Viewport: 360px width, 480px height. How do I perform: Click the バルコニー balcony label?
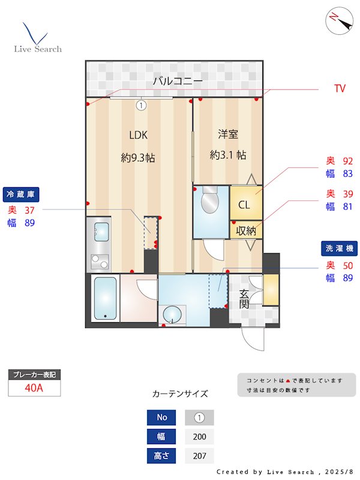(177, 81)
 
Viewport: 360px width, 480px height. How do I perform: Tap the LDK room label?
(138, 135)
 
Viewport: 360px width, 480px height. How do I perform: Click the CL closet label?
(244, 205)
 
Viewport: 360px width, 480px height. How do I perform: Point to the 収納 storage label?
(246, 230)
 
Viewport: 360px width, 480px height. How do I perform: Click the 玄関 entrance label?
(245, 299)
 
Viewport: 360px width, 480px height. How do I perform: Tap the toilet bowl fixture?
(210, 203)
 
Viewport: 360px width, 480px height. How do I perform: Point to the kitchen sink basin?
(101, 231)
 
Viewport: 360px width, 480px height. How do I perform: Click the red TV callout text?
(340, 89)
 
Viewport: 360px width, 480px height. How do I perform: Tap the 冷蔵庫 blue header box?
(22, 194)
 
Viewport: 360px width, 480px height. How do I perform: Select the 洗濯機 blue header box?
(340, 248)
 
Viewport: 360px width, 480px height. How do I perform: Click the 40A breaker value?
(34, 388)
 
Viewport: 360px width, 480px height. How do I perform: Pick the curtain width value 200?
(199, 437)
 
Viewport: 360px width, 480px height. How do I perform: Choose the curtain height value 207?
(199, 456)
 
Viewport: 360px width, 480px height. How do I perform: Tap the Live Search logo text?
(38, 49)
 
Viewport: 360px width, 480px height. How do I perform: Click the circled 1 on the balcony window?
(140, 105)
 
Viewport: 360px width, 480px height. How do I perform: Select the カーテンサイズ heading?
(180, 394)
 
